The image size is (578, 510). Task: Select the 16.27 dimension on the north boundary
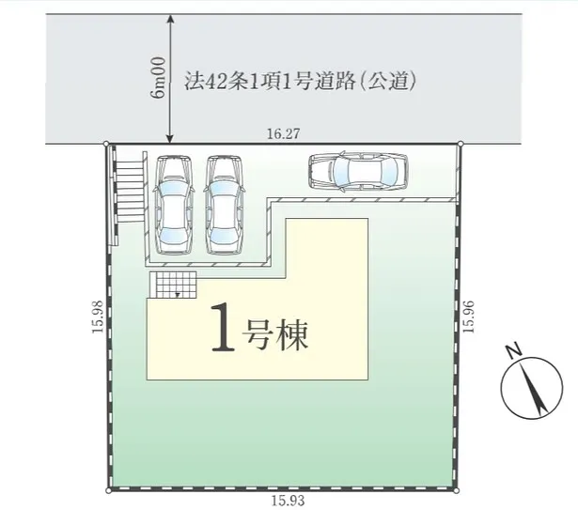click(282, 134)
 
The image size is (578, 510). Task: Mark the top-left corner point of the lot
click(104, 144)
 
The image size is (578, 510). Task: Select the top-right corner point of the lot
click(461, 144)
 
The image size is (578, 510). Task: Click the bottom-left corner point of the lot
click(110, 490)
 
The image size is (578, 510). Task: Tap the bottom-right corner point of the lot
click(459, 490)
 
